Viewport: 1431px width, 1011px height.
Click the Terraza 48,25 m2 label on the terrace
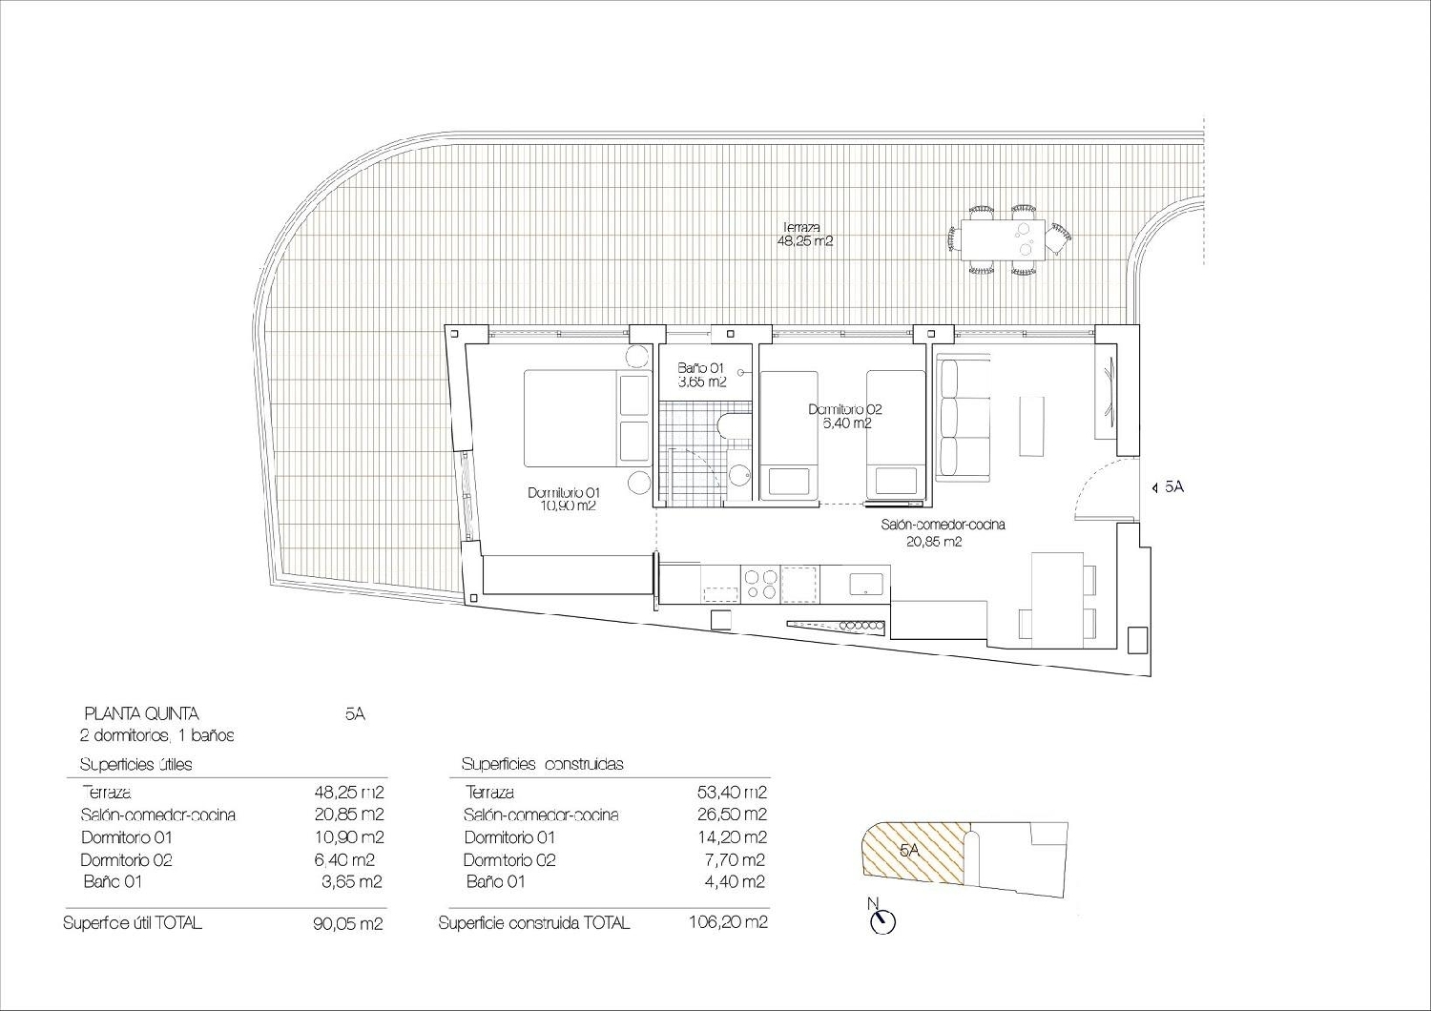807,235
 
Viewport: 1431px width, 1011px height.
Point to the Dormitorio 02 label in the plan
845,416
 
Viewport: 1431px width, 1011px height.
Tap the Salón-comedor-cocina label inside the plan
943,533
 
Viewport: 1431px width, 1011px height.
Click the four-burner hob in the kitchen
761,583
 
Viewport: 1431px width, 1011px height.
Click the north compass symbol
883,920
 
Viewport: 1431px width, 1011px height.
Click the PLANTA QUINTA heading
141,713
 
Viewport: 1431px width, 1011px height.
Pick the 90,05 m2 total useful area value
348,923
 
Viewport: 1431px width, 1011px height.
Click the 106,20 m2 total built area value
728,922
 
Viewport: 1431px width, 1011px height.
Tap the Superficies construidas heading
542,764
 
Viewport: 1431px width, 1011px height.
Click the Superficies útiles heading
135,764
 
